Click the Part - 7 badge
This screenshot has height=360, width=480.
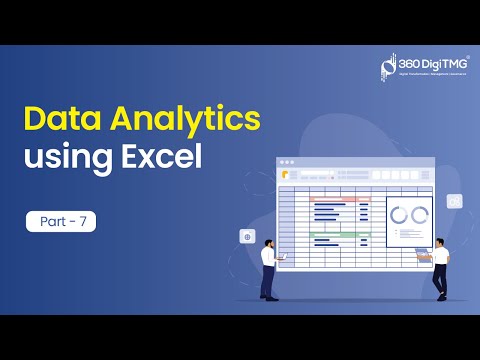61,221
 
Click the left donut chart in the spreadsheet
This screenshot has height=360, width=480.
399,215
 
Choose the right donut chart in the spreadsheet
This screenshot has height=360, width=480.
419,215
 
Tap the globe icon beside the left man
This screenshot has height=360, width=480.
247,237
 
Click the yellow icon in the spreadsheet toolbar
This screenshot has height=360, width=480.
286,174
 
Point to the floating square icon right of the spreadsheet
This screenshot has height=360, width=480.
455,201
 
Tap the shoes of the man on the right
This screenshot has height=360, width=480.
439,296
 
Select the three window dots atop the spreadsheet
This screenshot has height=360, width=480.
287,162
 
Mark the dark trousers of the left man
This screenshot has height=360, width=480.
267,281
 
